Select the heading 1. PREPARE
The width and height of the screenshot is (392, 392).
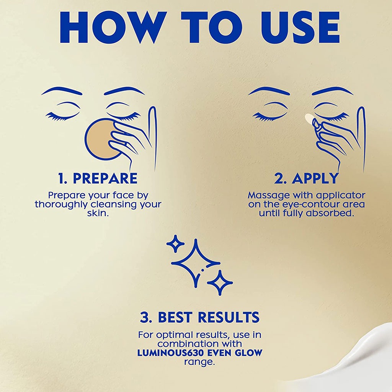(x=98, y=178)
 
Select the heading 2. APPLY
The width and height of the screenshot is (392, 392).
(x=307, y=178)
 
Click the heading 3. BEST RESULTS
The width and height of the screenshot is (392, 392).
(x=199, y=317)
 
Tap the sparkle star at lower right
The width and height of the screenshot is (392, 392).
(x=220, y=283)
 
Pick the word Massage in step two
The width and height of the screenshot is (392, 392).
(x=268, y=195)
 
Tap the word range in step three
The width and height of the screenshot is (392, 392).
(x=199, y=361)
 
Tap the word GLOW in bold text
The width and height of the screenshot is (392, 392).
(x=246, y=353)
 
